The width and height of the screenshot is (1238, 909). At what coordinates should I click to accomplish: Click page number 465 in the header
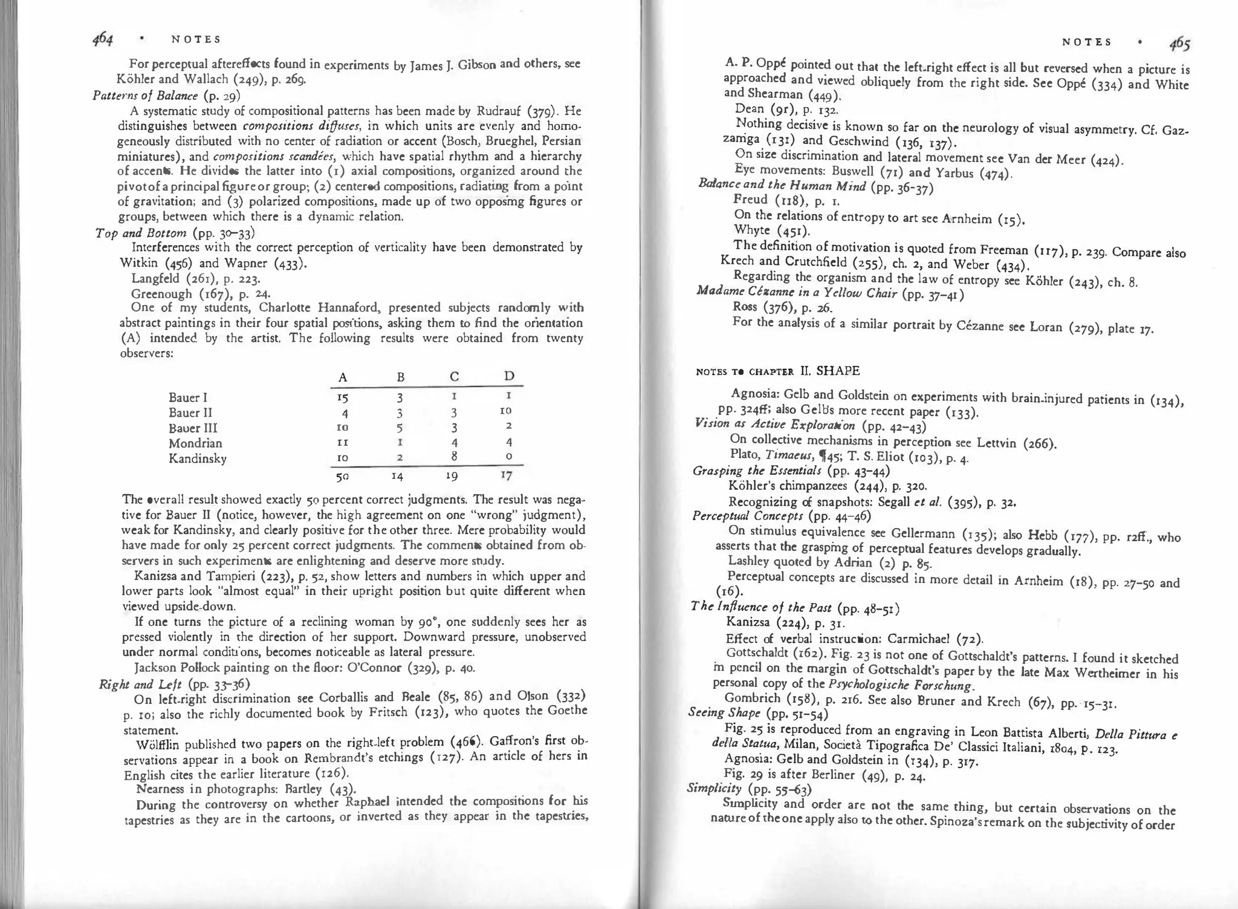tap(1179, 44)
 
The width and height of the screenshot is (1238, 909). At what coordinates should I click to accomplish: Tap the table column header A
tap(343, 377)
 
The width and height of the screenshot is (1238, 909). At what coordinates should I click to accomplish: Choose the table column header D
tap(509, 376)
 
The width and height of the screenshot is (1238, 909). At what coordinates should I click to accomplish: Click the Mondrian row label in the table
tap(195, 443)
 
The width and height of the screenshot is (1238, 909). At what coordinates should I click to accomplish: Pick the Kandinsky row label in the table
tap(198, 458)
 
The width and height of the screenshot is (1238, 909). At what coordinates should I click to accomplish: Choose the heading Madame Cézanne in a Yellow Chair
tap(797, 292)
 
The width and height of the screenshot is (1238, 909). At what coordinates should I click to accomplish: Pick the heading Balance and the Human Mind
tap(782, 186)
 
